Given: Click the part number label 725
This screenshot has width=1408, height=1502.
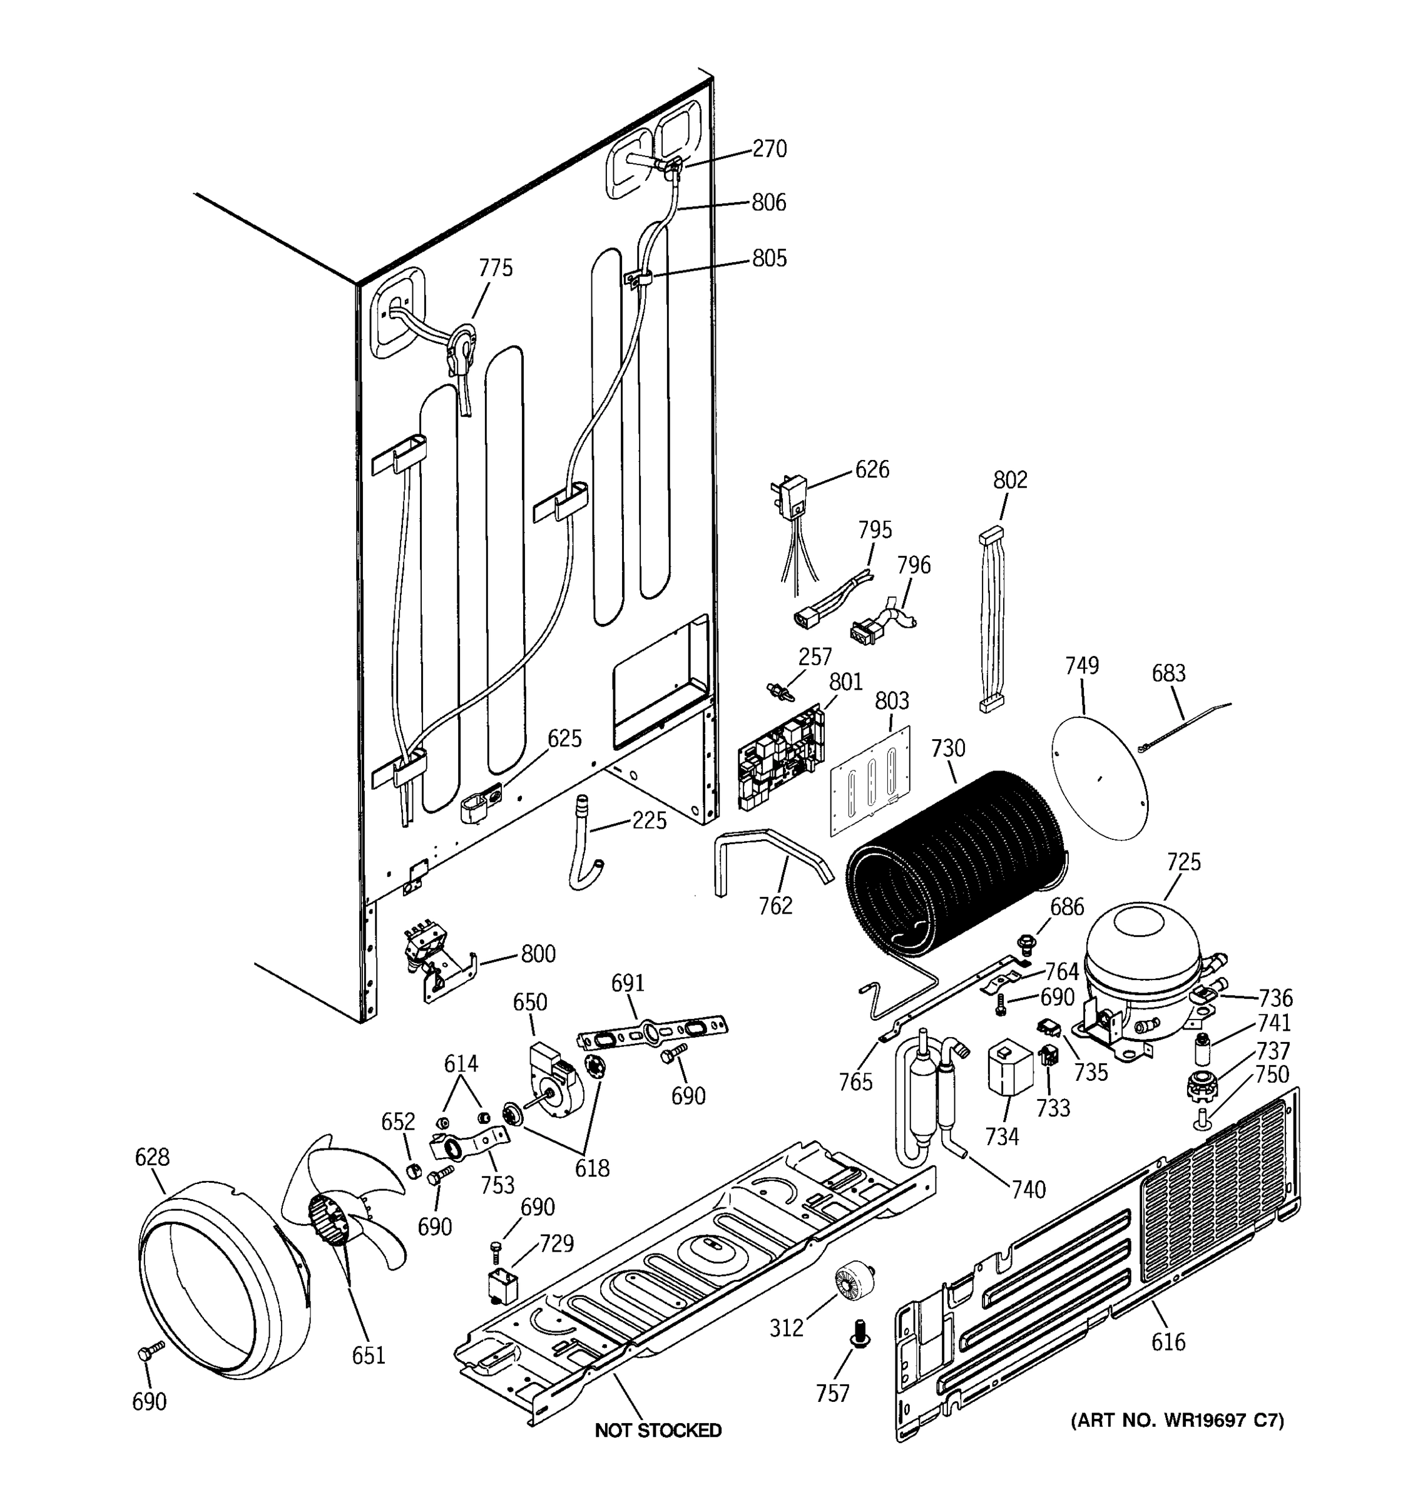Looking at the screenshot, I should (x=1183, y=862).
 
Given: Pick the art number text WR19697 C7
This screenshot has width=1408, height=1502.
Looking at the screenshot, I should (x=1177, y=1421).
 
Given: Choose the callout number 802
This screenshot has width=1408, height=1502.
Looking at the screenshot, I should (x=1010, y=480).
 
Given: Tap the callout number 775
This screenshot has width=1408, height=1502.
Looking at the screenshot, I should (x=496, y=268).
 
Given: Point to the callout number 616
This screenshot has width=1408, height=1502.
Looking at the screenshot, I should (x=1168, y=1342).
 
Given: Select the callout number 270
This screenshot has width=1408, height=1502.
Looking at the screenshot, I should (x=769, y=149).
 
